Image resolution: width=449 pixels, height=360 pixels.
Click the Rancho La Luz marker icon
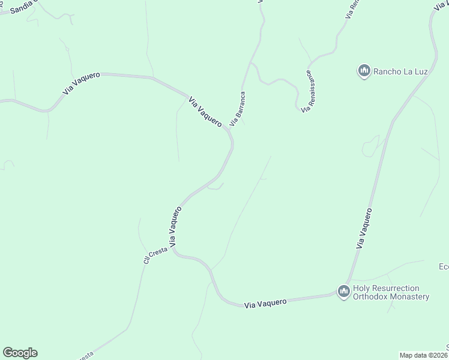364,71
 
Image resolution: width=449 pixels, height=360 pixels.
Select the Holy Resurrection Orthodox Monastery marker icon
344,292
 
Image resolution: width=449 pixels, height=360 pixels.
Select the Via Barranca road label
238,108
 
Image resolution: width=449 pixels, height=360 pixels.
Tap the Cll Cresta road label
155,254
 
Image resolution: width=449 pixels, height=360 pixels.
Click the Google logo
20,353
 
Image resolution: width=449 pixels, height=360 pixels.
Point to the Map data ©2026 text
424,355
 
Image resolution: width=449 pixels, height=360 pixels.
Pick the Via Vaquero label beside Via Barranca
205,112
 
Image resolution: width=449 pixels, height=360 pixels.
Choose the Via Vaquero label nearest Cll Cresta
175,227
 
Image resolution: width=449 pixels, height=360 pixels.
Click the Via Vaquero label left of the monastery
265,303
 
